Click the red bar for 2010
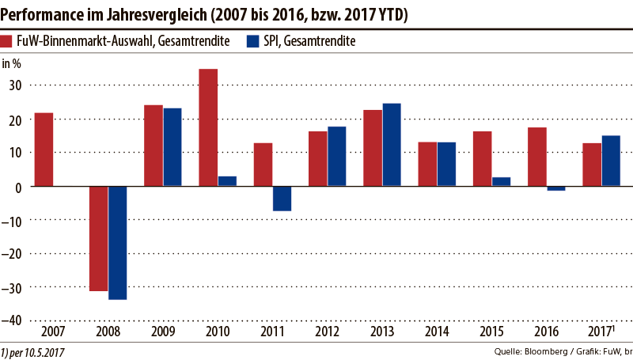(208, 127)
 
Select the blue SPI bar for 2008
(117, 243)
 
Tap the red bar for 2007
(44, 150)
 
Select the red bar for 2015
(482, 158)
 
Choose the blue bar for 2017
(611, 161)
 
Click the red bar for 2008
(99, 238)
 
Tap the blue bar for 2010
(227, 181)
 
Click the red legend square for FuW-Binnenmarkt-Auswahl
(7, 42)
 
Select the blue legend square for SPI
(254, 42)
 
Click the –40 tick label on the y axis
(14, 320)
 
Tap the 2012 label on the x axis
(327, 332)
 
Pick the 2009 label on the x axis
(162, 332)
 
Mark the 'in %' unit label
(13, 63)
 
